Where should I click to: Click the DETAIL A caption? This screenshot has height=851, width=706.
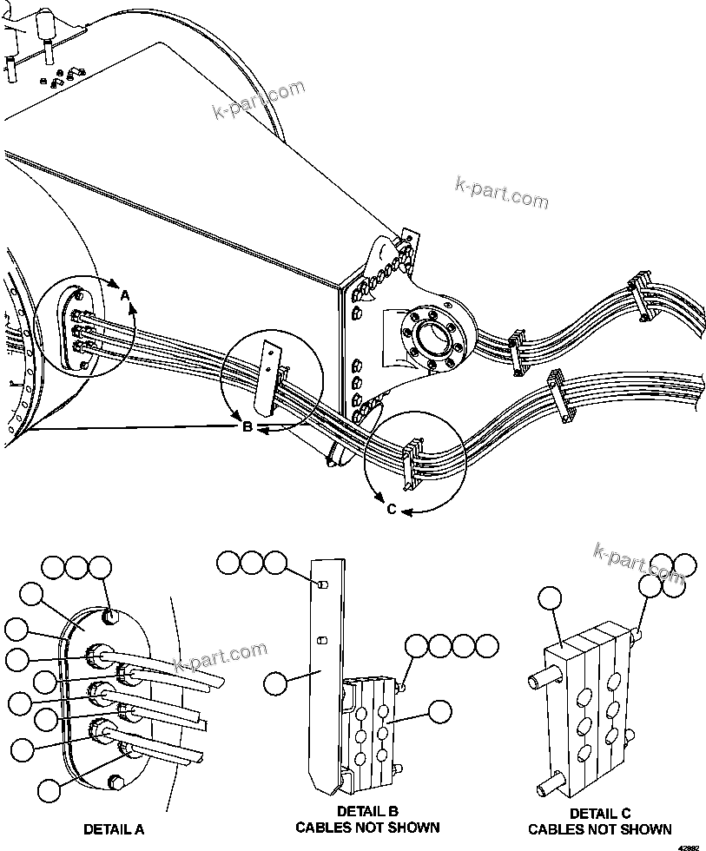tap(114, 829)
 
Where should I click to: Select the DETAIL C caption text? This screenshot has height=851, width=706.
tap(599, 814)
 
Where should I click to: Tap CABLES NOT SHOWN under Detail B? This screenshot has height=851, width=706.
tap(367, 828)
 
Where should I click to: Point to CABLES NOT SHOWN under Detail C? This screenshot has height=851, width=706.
tap(599, 829)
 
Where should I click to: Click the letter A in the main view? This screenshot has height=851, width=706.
tap(125, 296)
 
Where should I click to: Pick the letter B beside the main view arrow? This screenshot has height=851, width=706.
tap(247, 426)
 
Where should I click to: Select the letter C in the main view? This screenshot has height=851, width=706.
tap(392, 510)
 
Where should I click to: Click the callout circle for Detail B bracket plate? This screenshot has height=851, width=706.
tap(276, 683)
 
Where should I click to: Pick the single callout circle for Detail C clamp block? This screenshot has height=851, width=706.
tap(550, 598)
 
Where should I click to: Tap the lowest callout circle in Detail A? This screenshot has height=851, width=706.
tap(49, 790)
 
